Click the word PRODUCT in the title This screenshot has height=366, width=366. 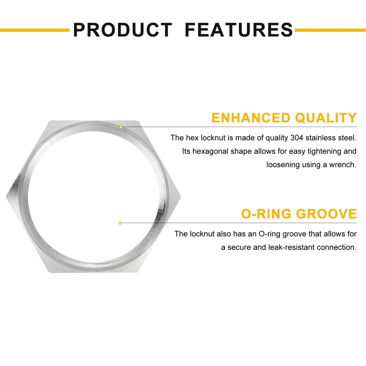coord(123,30)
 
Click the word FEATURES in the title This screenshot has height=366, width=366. coord(239,30)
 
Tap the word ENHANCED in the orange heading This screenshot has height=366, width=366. coord(251,118)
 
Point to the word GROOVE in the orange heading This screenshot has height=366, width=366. coord(326,214)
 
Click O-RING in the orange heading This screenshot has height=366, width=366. coord(266,214)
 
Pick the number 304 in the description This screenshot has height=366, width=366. coord(297,138)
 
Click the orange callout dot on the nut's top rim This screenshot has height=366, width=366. coord(121,127)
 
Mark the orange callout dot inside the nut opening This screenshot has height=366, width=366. coord(120,223)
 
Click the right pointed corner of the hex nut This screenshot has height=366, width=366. coord(180,196)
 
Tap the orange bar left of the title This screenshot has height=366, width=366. coord(34,30)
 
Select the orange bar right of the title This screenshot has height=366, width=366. coord(330,30)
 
